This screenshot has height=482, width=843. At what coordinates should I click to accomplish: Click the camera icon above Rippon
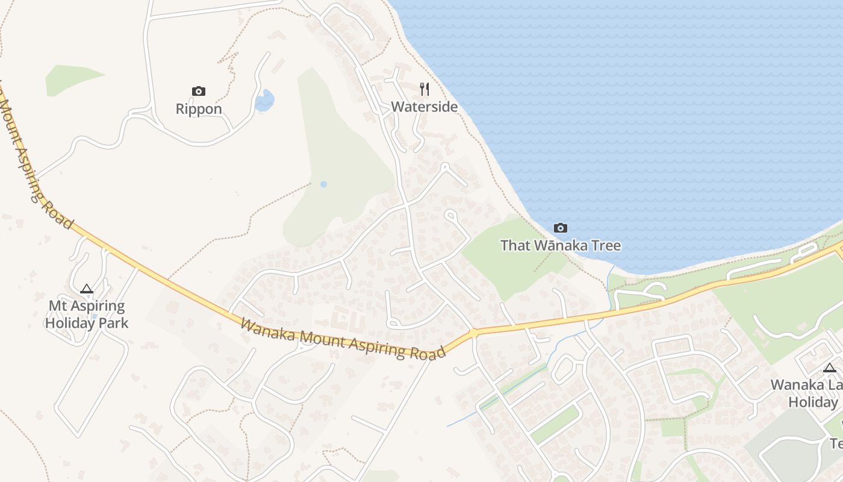tap(199, 92)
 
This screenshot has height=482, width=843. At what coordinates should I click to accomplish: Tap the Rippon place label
tap(199, 109)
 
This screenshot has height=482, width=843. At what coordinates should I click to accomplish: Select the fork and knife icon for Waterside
tap(425, 89)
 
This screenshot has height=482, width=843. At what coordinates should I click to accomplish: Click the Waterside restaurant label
tap(425, 107)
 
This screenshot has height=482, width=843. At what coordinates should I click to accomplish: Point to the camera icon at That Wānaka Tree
tap(561, 228)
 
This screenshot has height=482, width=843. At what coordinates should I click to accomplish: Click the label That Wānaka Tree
tap(561, 245)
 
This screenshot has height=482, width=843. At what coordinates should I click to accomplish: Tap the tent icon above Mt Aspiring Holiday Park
tap(87, 289)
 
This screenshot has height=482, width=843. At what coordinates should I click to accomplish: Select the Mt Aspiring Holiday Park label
tap(87, 314)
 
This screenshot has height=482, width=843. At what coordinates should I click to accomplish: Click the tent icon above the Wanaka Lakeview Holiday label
tap(830, 368)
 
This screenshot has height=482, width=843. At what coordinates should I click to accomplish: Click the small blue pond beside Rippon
tap(264, 101)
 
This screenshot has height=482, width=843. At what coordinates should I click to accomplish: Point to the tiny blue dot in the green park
tap(323, 184)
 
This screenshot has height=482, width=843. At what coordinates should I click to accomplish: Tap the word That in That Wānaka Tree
tap(514, 245)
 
